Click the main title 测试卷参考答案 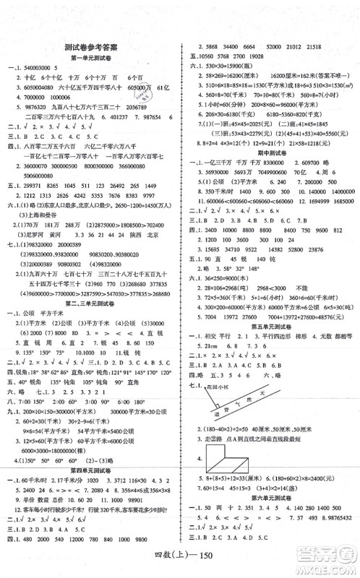pos(90,45)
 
